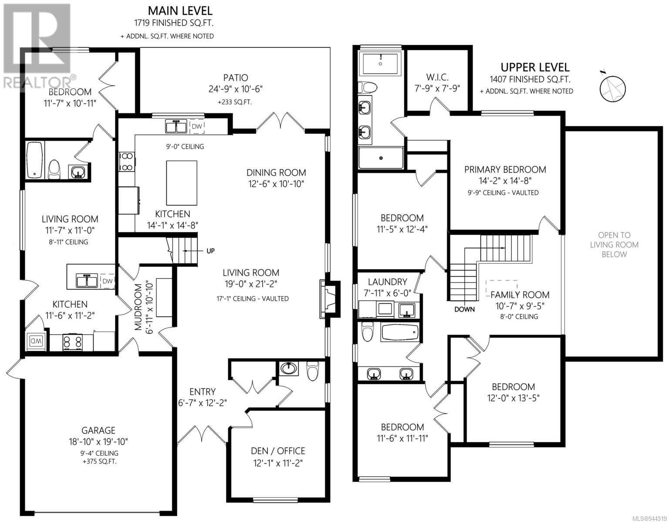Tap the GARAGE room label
[98, 430]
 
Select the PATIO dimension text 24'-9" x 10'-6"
[235, 89]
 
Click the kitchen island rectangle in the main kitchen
[181, 183]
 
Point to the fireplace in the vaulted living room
[330, 299]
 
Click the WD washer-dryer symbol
[35, 341]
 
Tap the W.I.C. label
[437, 77]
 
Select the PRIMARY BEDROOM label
[505, 169]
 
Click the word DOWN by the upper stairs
[464, 310]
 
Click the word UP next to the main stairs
[210, 251]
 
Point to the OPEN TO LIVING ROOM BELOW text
[614, 245]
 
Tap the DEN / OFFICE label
[278, 451]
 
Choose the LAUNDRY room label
[387, 282]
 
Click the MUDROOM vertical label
[139, 306]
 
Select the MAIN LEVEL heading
[180, 11]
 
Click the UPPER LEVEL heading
[535, 67]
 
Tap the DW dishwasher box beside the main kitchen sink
[197, 126]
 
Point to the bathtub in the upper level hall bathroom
[400, 332]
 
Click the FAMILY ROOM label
[520, 295]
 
